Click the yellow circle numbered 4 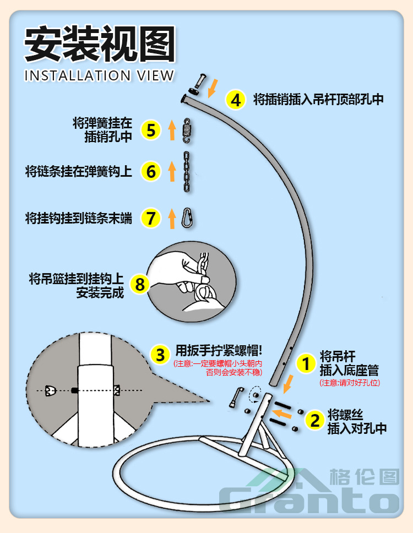pos(236,100)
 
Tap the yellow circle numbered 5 pos(151,130)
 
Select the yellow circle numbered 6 pos(151,171)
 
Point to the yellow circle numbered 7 pos(151,218)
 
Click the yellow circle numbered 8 pos(140,284)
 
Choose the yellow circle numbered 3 pos(160,355)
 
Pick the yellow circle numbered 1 pos(305,363)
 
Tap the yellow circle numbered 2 pos(315,421)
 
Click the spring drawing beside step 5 pos(187,131)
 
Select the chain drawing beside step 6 pos(187,172)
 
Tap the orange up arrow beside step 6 pos(172,172)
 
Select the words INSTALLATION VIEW pos(99,75)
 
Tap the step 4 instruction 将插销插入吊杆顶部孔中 pos(318,100)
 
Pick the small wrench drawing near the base pos(236,396)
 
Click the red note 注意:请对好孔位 pos(350,383)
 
